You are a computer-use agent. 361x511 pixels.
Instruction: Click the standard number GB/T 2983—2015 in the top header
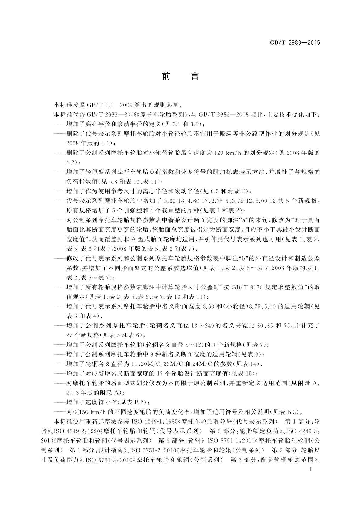(295, 43)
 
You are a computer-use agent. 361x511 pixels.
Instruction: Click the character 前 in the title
(166, 76)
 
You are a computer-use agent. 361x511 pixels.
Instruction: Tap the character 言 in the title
(194, 76)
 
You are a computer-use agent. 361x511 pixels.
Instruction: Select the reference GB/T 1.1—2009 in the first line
(105, 105)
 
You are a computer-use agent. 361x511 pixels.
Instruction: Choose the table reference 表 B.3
(288, 412)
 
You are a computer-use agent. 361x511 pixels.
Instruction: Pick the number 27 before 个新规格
(70, 335)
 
